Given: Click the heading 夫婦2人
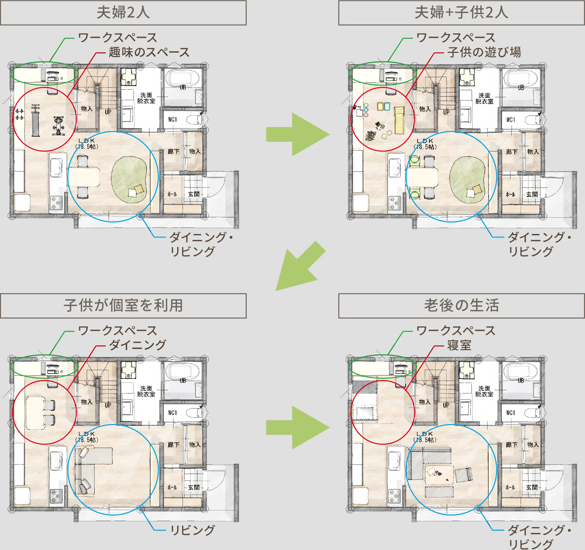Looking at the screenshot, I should (123, 13).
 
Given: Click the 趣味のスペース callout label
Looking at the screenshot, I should (149, 52).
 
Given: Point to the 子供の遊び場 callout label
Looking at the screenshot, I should (484, 52).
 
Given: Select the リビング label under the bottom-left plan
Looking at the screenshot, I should (193, 530).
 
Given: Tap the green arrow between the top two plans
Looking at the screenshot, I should (297, 134).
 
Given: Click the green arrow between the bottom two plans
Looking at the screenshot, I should (297, 427).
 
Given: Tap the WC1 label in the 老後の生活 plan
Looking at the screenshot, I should (511, 413).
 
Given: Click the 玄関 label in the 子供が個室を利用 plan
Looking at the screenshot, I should (194, 487).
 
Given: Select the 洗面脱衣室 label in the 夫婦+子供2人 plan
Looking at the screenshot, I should (484, 98).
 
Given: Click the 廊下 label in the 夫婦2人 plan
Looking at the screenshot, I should (173, 152).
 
